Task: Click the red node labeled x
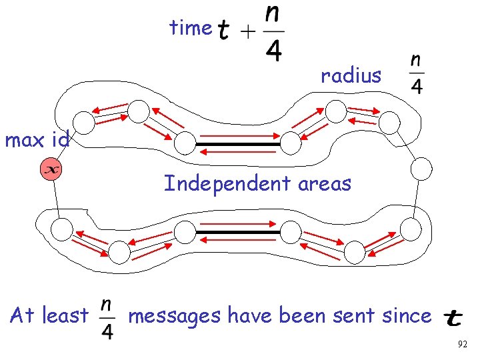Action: click(51, 169)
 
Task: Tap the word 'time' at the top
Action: click(190, 28)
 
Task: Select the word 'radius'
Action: click(351, 76)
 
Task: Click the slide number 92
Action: click(463, 345)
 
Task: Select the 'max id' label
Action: click(37, 141)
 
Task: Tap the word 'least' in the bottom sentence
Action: click(65, 315)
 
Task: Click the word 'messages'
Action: click(175, 315)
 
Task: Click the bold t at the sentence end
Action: click(453, 317)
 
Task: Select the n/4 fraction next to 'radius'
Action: click(416, 74)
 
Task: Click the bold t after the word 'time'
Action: click(225, 30)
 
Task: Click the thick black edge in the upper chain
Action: click(238, 144)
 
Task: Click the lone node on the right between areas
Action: click(421, 169)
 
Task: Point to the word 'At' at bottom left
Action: click(23, 315)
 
